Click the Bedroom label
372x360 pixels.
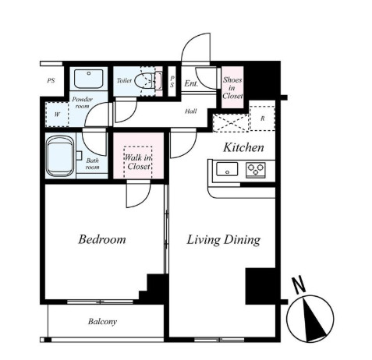click(102, 239)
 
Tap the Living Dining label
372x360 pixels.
click(224, 240)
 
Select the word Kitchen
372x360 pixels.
click(243, 147)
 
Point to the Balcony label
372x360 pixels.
click(102, 322)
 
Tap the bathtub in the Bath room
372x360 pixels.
click(59, 157)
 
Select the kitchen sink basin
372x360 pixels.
click(227, 169)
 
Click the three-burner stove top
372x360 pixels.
click(256, 170)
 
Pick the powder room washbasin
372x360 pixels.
click(89, 79)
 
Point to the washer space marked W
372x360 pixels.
click(57, 115)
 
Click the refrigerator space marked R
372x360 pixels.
click(262, 118)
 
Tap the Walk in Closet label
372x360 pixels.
click(138, 162)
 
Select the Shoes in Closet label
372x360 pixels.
click(232, 88)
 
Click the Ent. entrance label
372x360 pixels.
click(191, 83)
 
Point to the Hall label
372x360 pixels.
click(191, 111)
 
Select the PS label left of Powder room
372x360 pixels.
click(51, 80)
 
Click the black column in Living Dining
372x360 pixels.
click(260, 286)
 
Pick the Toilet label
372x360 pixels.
click(124, 80)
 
